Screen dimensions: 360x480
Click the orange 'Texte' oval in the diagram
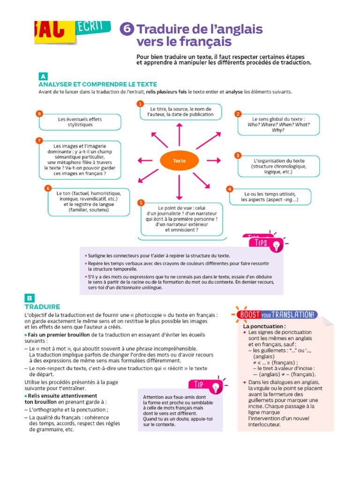(x=179, y=161)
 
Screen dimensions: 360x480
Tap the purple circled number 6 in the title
(x=127, y=29)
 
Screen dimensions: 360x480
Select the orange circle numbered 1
(x=140, y=104)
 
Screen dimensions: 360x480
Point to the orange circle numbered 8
(x=39, y=114)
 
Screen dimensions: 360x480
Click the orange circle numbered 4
(x=229, y=189)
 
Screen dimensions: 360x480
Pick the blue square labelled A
(x=43, y=76)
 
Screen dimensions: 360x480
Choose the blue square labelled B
(x=29, y=298)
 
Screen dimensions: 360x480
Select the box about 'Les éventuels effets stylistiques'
(x=80, y=122)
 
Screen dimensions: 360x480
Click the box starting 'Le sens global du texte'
(x=278, y=124)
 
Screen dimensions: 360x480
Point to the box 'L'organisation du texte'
(x=278, y=166)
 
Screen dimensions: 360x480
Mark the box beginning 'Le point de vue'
(x=182, y=219)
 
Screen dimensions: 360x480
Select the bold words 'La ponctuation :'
(x=264, y=326)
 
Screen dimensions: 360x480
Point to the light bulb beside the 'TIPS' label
(x=277, y=244)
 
